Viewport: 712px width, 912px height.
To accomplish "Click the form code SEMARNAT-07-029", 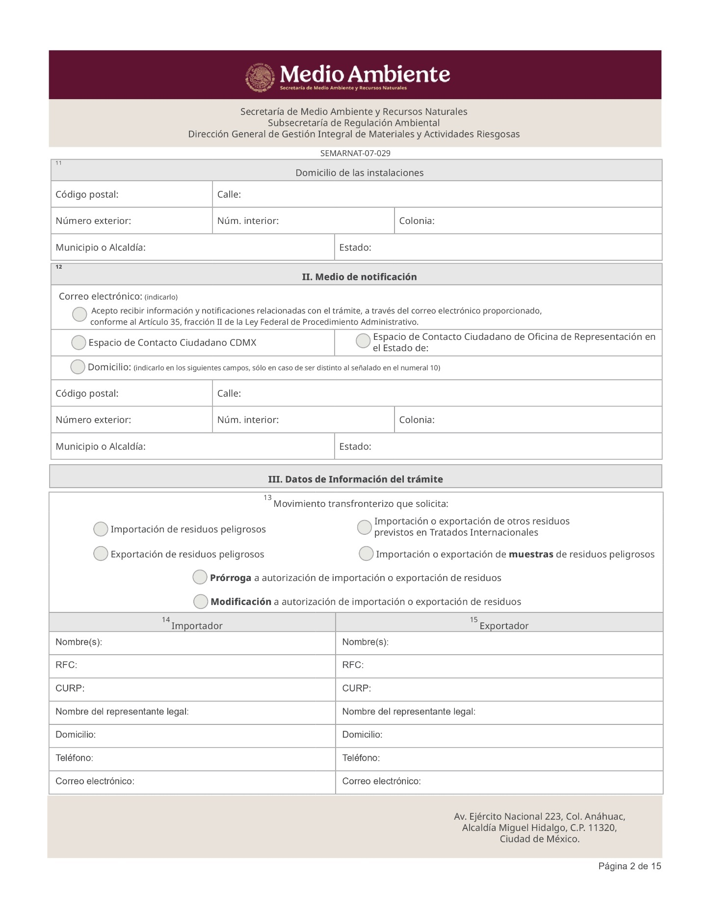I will [x=355, y=153].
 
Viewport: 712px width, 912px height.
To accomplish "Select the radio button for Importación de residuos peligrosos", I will [x=101, y=529].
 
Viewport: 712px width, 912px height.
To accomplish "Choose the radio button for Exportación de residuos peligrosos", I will [x=101, y=553].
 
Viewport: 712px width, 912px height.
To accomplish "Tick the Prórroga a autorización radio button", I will [x=200, y=577].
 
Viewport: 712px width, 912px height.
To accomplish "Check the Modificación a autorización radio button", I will [x=200, y=601].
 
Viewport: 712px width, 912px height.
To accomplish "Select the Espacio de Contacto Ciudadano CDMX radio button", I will [x=79, y=342].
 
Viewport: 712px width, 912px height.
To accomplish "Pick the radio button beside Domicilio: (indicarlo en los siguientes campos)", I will [x=78, y=367].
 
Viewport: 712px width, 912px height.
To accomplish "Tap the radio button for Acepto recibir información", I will [x=79, y=314].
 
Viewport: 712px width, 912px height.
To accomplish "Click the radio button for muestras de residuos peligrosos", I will [x=366, y=553].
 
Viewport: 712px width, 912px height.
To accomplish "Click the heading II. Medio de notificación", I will [x=359, y=277].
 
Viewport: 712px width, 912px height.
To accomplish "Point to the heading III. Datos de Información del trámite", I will [x=355, y=479].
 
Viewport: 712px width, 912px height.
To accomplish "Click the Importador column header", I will [x=197, y=626].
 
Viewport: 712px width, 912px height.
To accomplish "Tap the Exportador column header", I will [x=504, y=626].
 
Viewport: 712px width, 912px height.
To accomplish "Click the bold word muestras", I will [x=531, y=554].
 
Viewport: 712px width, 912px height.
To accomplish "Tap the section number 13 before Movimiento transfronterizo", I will [x=267, y=497].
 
